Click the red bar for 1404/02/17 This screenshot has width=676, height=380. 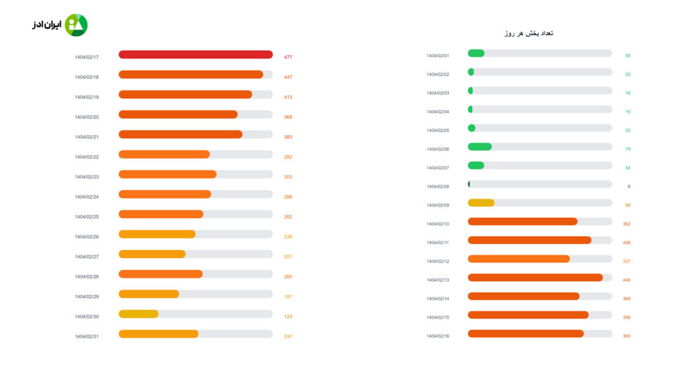[x=195, y=55]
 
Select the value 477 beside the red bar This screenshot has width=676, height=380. [x=288, y=57]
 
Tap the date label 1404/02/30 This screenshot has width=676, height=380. [x=86, y=317]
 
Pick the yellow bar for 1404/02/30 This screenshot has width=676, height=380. [x=139, y=314]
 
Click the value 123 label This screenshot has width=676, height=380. [x=288, y=317]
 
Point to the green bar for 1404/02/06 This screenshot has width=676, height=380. [x=480, y=146]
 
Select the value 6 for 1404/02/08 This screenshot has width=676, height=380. [x=629, y=187]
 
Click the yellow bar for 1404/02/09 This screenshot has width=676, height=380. [x=481, y=203]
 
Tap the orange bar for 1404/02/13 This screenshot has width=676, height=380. [x=535, y=277]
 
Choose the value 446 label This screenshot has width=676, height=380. [x=626, y=280]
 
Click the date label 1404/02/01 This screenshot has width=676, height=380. [x=438, y=56]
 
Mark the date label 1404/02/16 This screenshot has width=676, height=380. [x=438, y=336]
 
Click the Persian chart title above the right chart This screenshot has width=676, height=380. [x=528, y=33]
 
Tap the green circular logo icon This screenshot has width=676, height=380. [x=76, y=25]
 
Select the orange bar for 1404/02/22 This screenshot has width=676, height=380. [x=164, y=154]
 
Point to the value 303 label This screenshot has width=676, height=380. [x=288, y=177]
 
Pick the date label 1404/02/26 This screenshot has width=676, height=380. [x=86, y=237]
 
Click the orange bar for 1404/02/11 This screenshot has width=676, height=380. [x=529, y=240]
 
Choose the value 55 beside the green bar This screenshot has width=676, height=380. [x=628, y=56]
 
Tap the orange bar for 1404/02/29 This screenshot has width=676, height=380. [x=149, y=294]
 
